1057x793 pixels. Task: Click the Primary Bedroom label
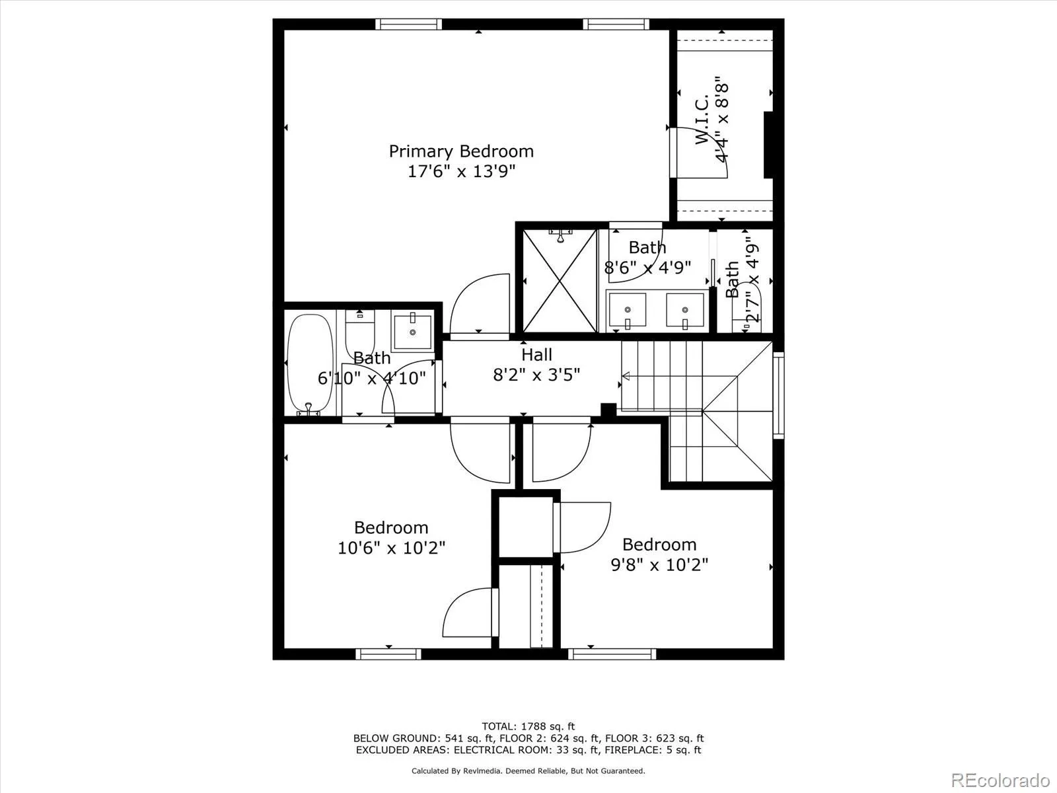(460, 151)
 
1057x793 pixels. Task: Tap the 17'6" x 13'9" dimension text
(460, 172)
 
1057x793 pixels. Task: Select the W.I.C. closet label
(701, 120)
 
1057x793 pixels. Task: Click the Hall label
(536, 355)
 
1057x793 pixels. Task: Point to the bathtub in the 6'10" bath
(310, 363)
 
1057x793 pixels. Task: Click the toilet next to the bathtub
(359, 334)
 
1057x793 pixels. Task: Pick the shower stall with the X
(560, 281)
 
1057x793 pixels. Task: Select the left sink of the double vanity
(627, 311)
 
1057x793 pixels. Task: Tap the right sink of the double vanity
(684, 311)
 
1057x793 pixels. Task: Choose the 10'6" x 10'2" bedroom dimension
(391, 548)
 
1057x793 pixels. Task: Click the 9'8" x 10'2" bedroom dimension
(659, 565)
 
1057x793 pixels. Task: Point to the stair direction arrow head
(625, 377)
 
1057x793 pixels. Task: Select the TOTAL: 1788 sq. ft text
(528, 726)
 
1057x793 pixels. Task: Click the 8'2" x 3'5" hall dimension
(536, 375)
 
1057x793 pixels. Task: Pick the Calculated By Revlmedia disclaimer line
(528, 771)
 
